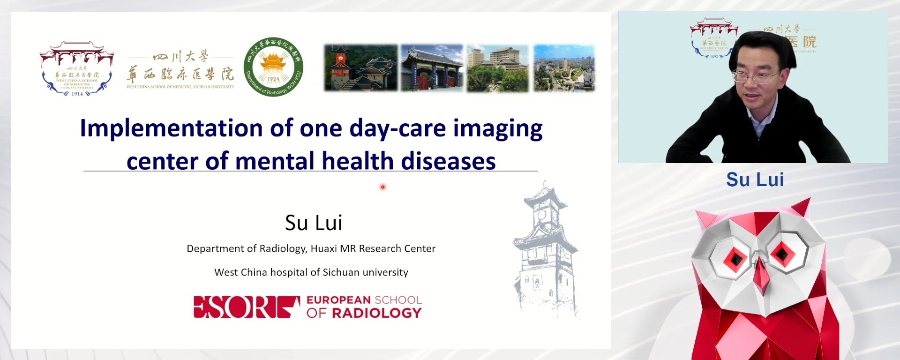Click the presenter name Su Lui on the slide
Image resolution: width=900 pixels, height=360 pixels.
(x=314, y=223)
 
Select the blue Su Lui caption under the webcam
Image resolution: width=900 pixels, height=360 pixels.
(x=755, y=180)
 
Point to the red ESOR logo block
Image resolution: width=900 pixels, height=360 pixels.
(x=247, y=307)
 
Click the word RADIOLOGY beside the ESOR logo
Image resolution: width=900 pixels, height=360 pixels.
(x=377, y=313)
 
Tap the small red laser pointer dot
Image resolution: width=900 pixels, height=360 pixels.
(x=382, y=187)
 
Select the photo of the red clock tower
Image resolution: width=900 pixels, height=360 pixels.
(x=360, y=67)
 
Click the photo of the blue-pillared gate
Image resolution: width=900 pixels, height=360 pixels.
(x=432, y=67)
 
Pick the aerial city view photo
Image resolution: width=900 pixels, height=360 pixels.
(x=564, y=67)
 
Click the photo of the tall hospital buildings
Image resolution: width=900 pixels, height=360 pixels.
(x=497, y=67)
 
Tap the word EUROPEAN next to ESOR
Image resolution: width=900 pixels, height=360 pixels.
(x=338, y=300)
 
